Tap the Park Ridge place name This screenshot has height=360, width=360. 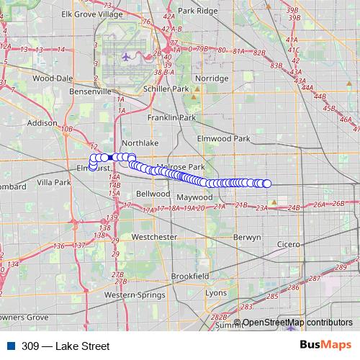pos(197,11)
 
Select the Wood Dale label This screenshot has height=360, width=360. pos(53,78)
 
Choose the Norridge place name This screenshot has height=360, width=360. pos(212,78)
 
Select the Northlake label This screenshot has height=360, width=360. pos(135,143)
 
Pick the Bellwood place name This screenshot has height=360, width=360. pos(153,194)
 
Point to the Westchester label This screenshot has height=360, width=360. pos(155,236)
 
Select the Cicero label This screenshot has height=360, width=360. pos(288,244)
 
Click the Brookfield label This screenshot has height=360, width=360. pos(190,276)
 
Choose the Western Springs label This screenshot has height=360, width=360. pos(130,294)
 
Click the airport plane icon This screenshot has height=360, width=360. pos(127,55)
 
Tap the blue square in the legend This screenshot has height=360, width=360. pos(10,346)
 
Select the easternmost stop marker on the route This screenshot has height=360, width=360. pos(267,184)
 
